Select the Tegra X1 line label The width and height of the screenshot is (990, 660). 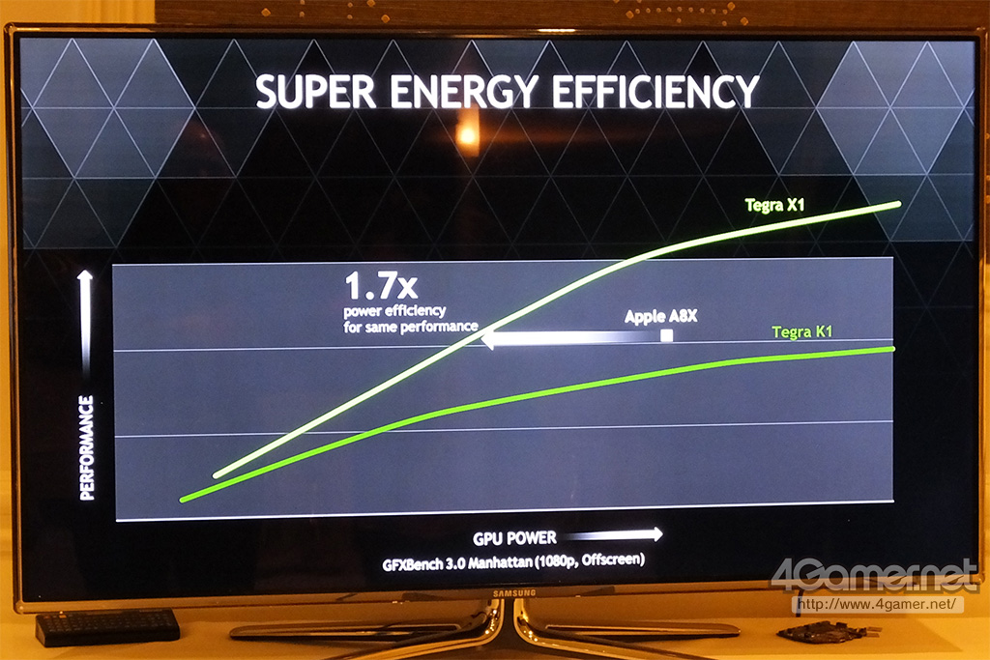point(776,205)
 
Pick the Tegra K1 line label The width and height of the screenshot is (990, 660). point(802,332)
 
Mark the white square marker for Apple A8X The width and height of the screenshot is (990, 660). point(666,335)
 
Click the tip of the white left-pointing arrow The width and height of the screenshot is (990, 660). point(482,338)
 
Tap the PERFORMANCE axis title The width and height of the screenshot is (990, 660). point(87,446)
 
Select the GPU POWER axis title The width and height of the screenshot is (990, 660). point(513,537)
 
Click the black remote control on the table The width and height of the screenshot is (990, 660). point(107,626)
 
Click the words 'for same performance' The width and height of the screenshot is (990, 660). point(410,328)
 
